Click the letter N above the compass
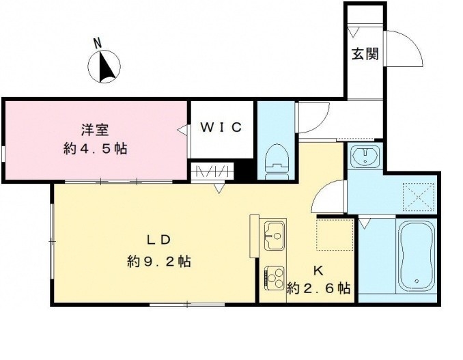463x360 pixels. point(97,43)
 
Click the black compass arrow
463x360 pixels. point(106,68)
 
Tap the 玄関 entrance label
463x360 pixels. point(365,54)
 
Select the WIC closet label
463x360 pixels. point(221,128)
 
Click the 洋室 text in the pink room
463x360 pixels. point(94,128)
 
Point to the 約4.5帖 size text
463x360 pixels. point(94,148)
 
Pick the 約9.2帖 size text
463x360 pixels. point(158,261)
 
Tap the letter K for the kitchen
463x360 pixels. point(318,271)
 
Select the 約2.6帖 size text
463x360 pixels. point(318,289)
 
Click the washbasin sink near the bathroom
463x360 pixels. point(365,155)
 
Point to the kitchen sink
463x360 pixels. point(274,237)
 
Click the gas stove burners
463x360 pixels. point(274,278)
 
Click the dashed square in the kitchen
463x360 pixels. point(335,234)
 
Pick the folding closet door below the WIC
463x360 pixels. point(212,170)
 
